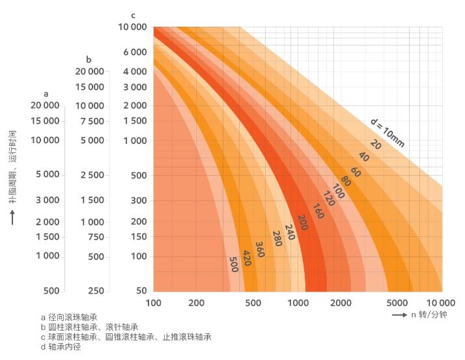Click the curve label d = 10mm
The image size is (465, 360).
pyautogui.click(x=388, y=132)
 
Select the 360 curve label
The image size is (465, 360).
pyautogui.click(x=260, y=249)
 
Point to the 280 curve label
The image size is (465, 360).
pyautogui.click(x=277, y=239)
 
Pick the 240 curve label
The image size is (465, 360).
pyautogui.click(x=289, y=232)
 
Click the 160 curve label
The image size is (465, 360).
pyautogui.click(x=318, y=211)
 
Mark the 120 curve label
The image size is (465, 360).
pyautogui.click(x=329, y=199)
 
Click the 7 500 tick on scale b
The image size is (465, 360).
pyautogui.click(x=92, y=121)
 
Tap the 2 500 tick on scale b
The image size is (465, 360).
pyautogui.click(x=92, y=174)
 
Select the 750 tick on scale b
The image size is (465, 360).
pyautogui.click(x=96, y=237)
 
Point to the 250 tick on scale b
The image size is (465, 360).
pyautogui.click(x=96, y=290)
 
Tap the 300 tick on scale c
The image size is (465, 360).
pyautogui.click(x=137, y=200)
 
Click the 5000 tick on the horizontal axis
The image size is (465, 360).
pyautogui.click(x=397, y=303)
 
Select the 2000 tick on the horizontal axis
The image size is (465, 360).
pyautogui.click(x=341, y=303)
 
